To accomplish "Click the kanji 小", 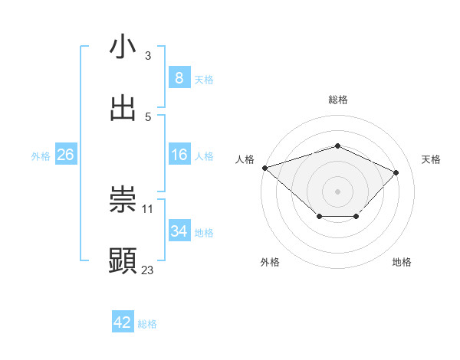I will click(x=123, y=47).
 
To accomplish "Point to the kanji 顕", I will click(x=123, y=261).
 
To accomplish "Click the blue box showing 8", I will click(x=179, y=77).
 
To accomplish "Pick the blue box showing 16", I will click(x=179, y=155).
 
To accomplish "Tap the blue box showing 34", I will click(x=179, y=231).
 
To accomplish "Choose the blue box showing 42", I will click(x=123, y=322).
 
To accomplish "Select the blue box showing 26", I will click(x=66, y=155).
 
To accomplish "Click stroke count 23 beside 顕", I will click(x=147, y=270).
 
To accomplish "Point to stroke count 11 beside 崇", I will click(x=147, y=208).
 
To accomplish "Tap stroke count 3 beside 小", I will click(x=147, y=55).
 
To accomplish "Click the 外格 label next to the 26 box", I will click(x=41, y=155).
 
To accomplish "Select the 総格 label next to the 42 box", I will click(x=147, y=324).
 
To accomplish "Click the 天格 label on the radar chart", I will click(x=431, y=159).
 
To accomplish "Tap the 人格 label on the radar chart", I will click(x=245, y=159).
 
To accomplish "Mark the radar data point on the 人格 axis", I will click(x=264, y=168).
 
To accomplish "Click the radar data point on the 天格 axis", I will click(x=396, y=172).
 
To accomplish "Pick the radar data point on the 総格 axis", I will click(x=337, y=146).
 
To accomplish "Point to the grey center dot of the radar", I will click(x=337, y=191).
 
